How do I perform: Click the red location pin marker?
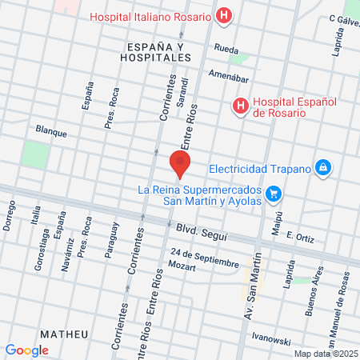coord(180,162)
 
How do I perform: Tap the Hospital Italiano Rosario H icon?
coord(225,15)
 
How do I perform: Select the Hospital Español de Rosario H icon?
coord(240,106)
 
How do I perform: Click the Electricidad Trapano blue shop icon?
coord(322,168)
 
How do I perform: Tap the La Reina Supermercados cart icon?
coord(274,193)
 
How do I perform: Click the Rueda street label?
coord(226,50)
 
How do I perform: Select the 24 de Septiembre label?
coord(204,260)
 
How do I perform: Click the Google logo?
coord(27,350)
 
